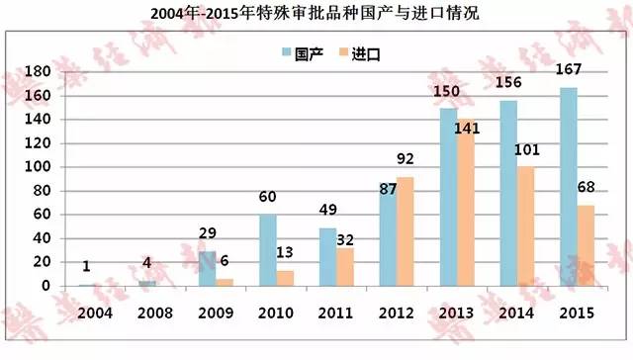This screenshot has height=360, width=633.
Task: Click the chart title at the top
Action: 316,13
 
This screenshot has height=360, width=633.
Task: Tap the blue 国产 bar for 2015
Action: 568,188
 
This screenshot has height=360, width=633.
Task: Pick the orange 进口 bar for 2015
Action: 585,246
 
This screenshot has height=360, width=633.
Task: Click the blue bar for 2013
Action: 447,197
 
